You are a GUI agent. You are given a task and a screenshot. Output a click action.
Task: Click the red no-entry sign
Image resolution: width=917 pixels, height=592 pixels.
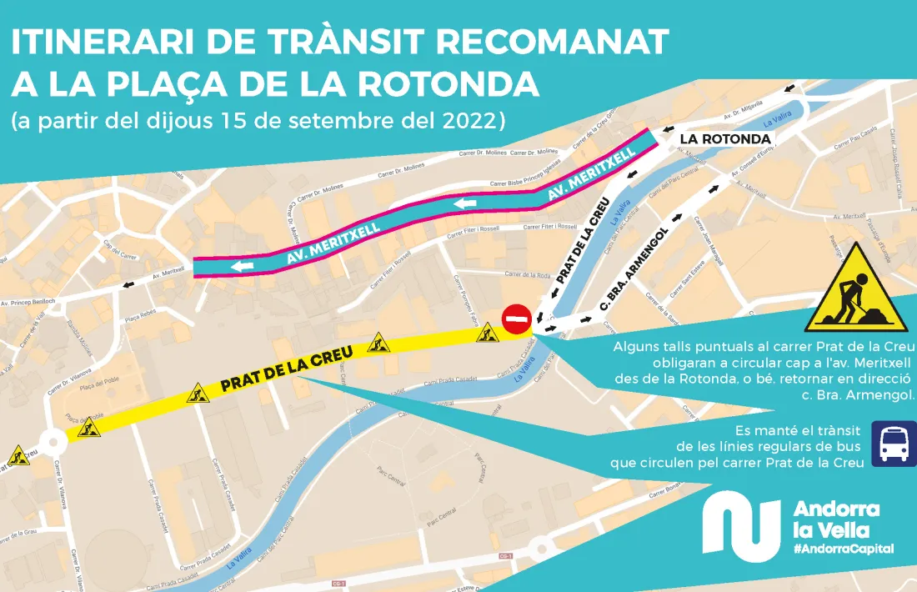pos(516,319)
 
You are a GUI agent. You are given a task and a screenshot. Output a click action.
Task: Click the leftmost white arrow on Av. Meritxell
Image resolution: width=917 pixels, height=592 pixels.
pos(240,267)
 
